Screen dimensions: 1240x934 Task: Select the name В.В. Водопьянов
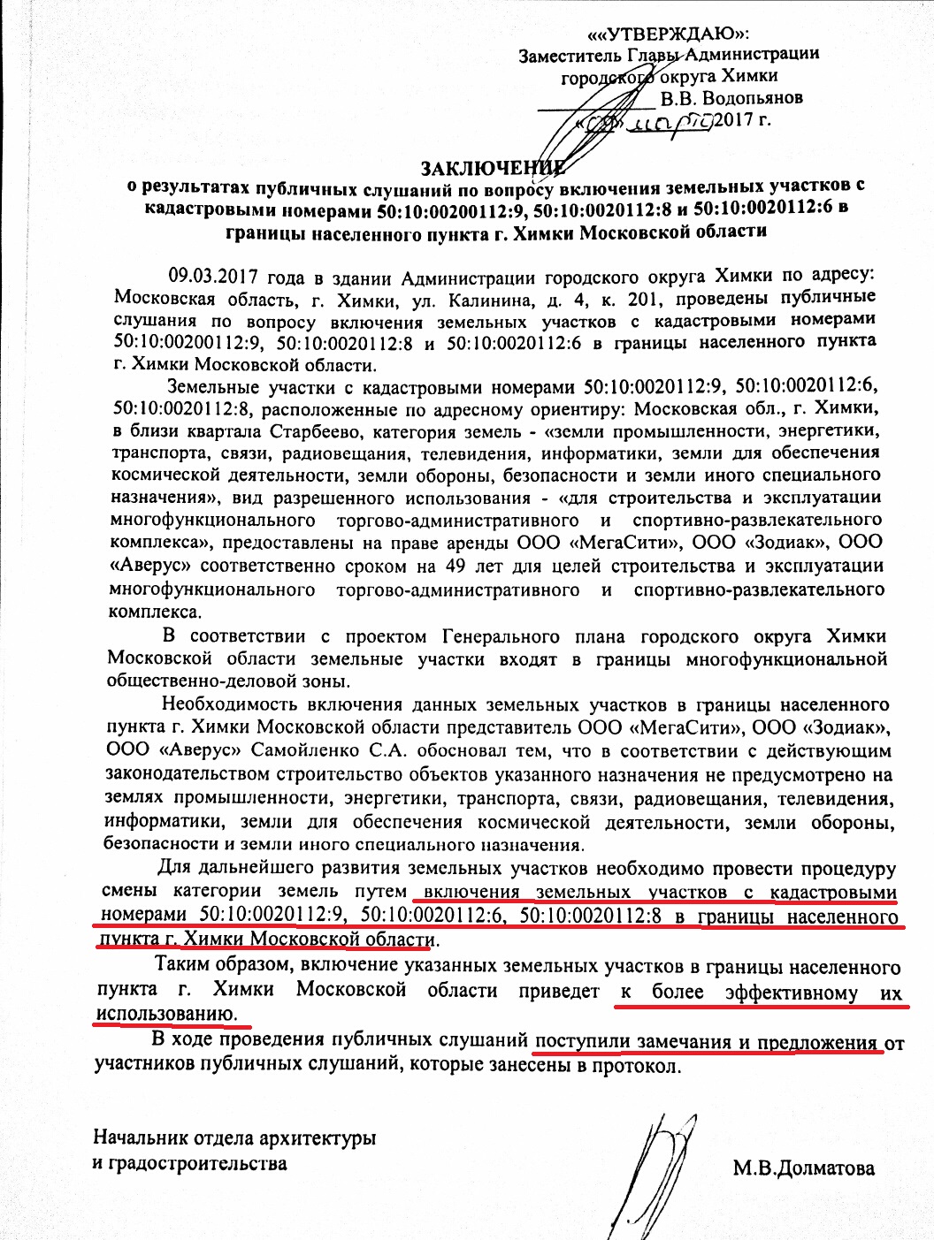731,97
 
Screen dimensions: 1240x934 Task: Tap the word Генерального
501,636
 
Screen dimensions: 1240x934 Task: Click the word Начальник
140,1137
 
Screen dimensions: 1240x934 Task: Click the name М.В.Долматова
803,1168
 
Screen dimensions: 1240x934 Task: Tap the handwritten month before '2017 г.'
670,121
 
